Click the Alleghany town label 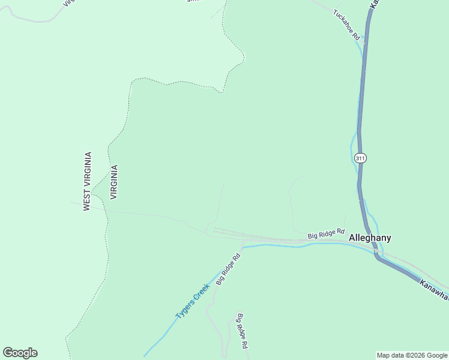click(370, 238)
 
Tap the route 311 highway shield click(360, 158)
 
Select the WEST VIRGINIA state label click(87, 181)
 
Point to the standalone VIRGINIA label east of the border click(114, 182)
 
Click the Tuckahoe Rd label click(346, 25)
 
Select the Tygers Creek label click(192, 301)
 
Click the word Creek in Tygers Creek click(200, 293)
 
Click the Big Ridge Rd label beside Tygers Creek click(228, 269)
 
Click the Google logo click(20, 352)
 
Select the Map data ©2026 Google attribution click(412, 355)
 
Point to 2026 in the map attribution click(414, 355)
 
